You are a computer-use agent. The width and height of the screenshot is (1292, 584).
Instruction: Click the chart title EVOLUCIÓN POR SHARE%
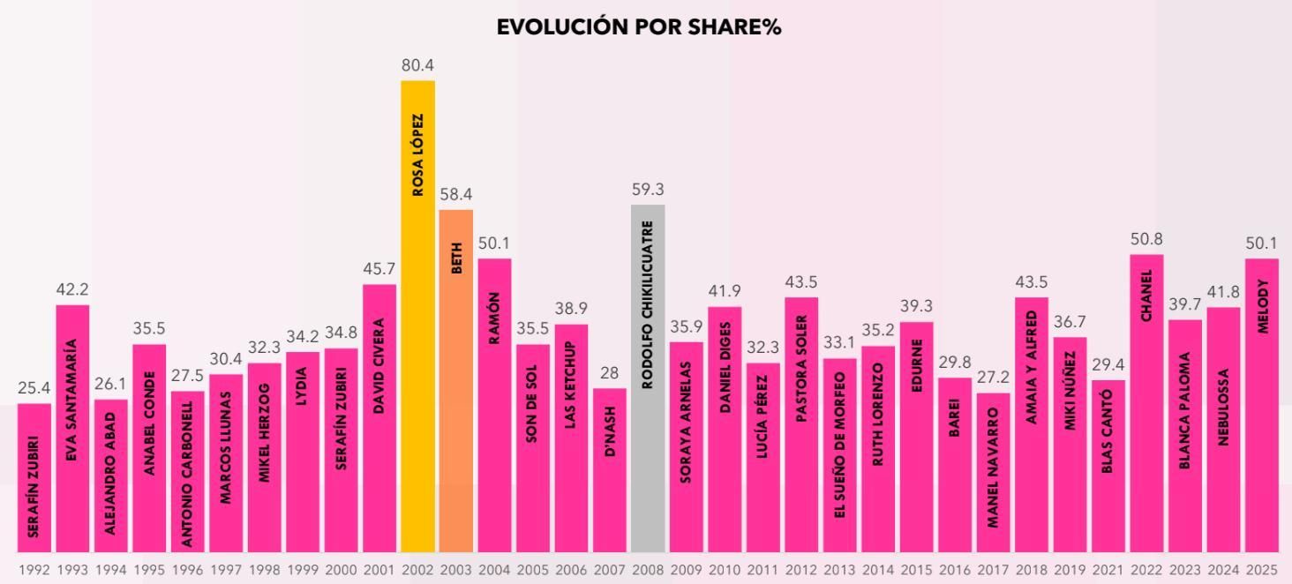(x=639, y=26)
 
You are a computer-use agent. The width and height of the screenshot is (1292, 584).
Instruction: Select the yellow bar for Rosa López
(x=417, y=318)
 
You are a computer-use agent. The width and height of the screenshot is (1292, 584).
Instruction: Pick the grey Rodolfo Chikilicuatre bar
(x=648, y=379)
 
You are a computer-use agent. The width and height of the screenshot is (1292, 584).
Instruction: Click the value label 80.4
(x=417, y=66)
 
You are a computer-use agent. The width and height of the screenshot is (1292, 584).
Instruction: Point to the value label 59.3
(x=648, y=190)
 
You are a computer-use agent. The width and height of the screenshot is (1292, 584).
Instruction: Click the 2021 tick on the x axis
(x=1108, y=570)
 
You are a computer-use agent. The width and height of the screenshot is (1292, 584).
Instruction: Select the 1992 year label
(x=34, y=570)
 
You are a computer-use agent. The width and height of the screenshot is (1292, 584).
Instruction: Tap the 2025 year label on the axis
(x=1261, y=570)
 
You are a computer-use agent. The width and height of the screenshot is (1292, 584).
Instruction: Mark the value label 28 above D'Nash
(x=609, y=373)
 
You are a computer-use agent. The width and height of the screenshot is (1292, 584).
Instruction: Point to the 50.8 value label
(x=1146, y=239)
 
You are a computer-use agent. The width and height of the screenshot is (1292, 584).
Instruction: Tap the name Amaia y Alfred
(x=1032, y=367)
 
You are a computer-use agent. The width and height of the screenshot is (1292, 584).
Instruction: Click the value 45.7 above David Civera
(x=379, y=269)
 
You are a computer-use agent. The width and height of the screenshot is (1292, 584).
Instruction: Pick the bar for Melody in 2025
(x=1261, y=406)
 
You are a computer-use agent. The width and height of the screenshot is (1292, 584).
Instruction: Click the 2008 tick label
(x=648, y=570)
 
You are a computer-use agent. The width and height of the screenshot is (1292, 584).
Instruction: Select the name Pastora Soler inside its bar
(x=801, y=368)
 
